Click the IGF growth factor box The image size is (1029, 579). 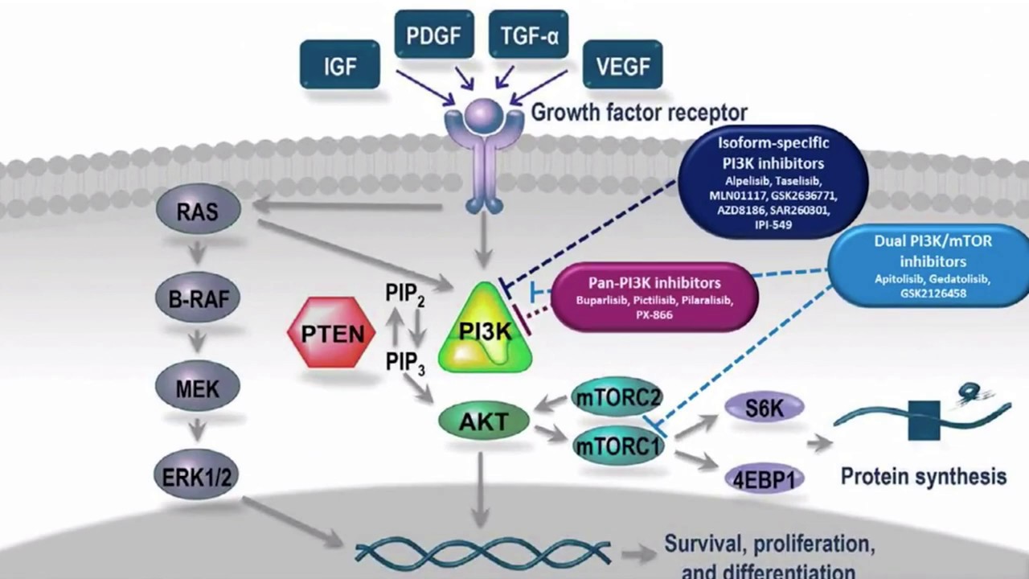coord(339,65)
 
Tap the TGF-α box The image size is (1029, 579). coord(528,36)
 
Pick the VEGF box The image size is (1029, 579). coord(623,65)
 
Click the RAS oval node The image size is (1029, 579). coord(198,212)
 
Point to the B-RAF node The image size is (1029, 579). coord(198,298)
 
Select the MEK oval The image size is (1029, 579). coord(197,388)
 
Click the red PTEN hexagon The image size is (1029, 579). coord(332,332)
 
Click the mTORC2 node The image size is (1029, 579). coord(617,397)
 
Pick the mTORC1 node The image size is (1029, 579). coord(618,444)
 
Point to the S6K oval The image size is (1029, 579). coord(764,408)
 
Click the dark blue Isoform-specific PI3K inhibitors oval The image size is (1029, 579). coord(773,183)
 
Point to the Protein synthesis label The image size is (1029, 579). coord(923,475)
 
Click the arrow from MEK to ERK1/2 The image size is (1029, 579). coord(197,432)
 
